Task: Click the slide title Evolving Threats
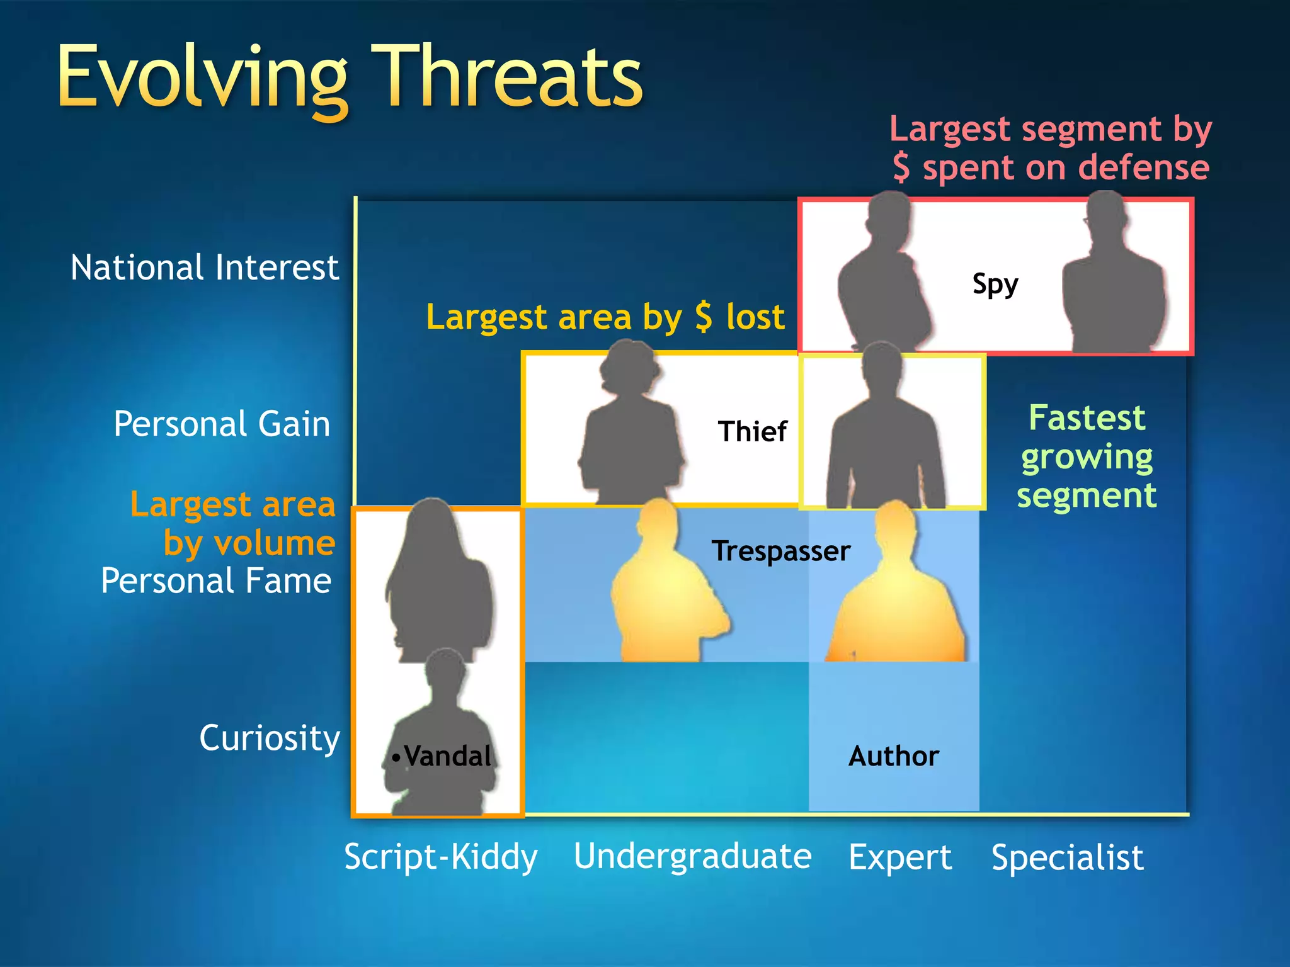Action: tap(350, 77)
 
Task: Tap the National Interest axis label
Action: tap(204, 268)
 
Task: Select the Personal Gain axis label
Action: tap(222, 424)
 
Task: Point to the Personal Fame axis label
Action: tap(216, 580)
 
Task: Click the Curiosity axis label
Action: tap(270, 738)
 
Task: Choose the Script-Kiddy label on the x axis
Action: tap(441, 857)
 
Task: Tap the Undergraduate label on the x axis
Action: tap(692, 857)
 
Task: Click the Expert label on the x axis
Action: tap(900, 857)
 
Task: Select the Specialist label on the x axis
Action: tap(1067, 857)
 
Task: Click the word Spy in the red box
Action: tap(995, 284)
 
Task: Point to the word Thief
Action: tap(752, 432)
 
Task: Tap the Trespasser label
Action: tap(781, 551)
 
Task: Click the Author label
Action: tap(893, 755)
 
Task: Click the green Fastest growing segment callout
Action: tap(1087, 456)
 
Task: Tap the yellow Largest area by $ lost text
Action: tap(605, 317)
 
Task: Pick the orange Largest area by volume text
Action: tap(233, 523)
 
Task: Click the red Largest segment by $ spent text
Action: tap(1050, 149)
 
